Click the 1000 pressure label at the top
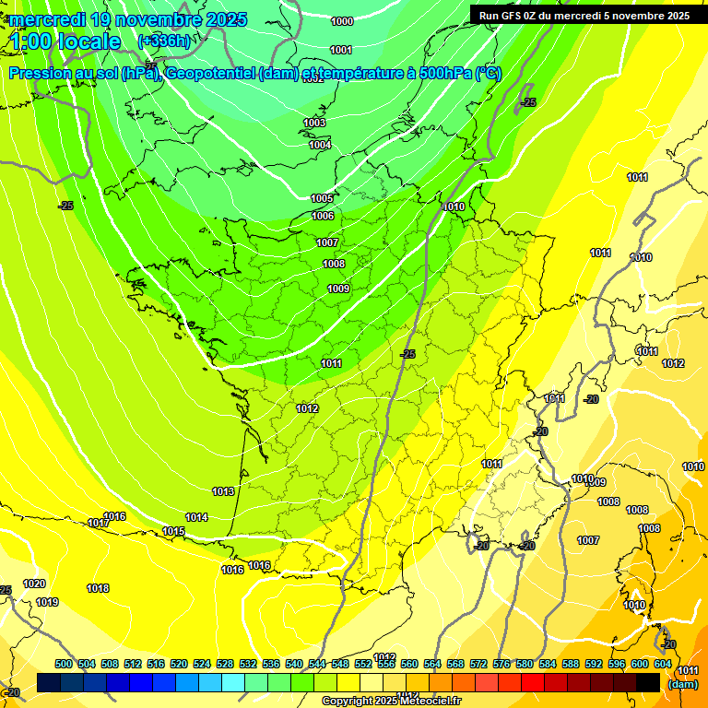click(341, 21)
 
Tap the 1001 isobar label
click(341, 50)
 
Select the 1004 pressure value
click(320, 145)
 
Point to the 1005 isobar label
click(322, 198)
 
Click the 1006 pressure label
click(323, 216)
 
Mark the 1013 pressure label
click(223, 491)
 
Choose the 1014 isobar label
click(196, 517)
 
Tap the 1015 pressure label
click(173, 531)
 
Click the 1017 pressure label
click(100, 523)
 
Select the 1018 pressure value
click(98, 588)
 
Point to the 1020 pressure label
click(34, 584)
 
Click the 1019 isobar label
click(47, 602)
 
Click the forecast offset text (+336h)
click(163, 41)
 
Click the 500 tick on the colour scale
click(64, 664)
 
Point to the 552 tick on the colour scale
click(363, 664)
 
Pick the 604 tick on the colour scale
click(662, 664)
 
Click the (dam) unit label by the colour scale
click(683, 684)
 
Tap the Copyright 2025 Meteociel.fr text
click(390, 701)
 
